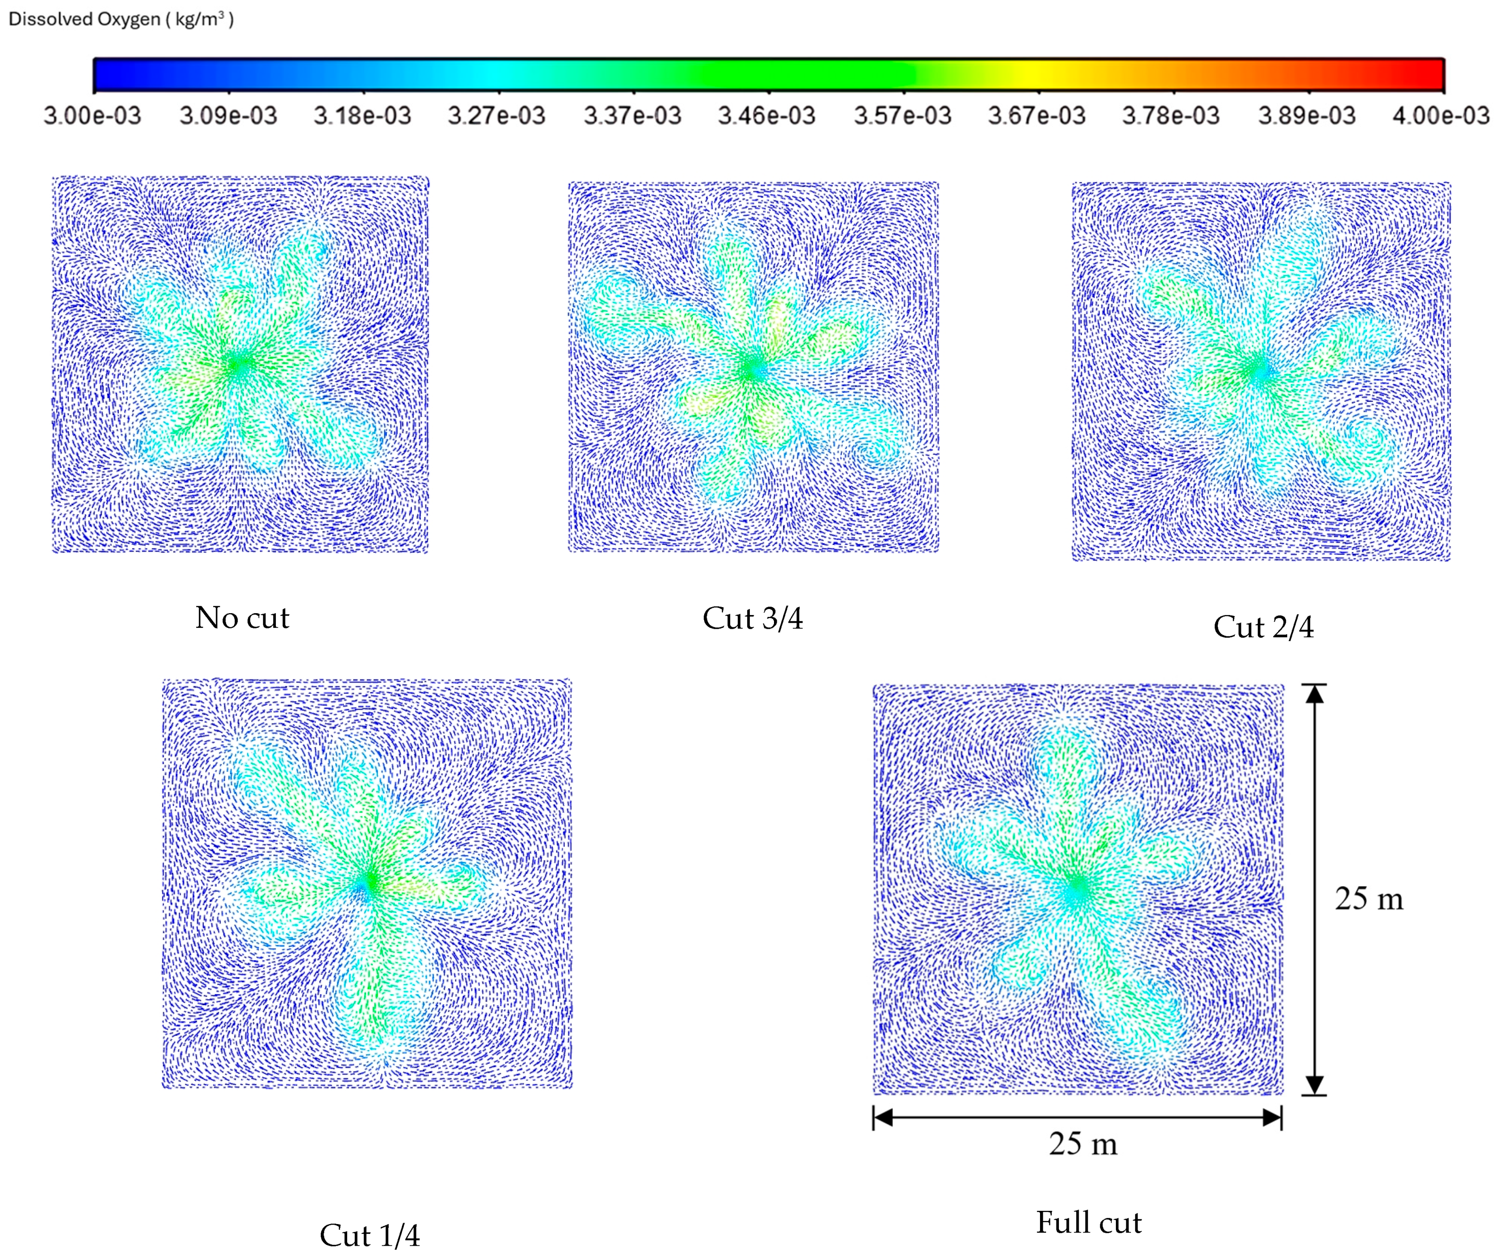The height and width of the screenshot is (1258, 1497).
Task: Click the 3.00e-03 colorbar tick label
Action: pyautogui.click(x=93, y=116)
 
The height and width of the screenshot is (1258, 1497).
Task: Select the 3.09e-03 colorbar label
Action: pyautogui.click(x=228, y=116)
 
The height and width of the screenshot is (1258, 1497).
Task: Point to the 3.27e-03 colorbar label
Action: pyautogui.click(x=497, y=116)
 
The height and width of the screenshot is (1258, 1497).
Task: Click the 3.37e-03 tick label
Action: pyautogui.click(x=632, y=116)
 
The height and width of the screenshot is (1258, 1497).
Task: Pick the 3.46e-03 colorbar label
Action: pyautogui.click(x=767, y=116)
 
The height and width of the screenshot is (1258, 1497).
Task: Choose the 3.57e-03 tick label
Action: pyautogui.click(x=903, y=116)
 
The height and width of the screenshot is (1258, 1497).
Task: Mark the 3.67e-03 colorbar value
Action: pyautogui.click(x=1037, y=116)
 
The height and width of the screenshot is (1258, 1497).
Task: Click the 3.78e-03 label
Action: pyautogui.click(x=1172, y=116)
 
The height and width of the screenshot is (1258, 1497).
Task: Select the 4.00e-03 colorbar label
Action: pyautogui.click(x=1441, y=116)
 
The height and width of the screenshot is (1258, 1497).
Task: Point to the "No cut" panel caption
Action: pyautogui.click(x=242, y=617)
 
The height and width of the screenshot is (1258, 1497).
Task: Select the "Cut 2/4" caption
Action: pyautogui.click(x=1263, y=627)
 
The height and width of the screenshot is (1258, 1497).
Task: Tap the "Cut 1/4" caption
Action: pyautogui.click(x=369, y=1235)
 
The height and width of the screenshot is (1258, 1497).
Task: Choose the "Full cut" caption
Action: pyautogui.click(x=1089, y=1222)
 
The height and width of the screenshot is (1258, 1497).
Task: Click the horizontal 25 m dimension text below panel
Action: pyautogui.click(x=1082, y=1144)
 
